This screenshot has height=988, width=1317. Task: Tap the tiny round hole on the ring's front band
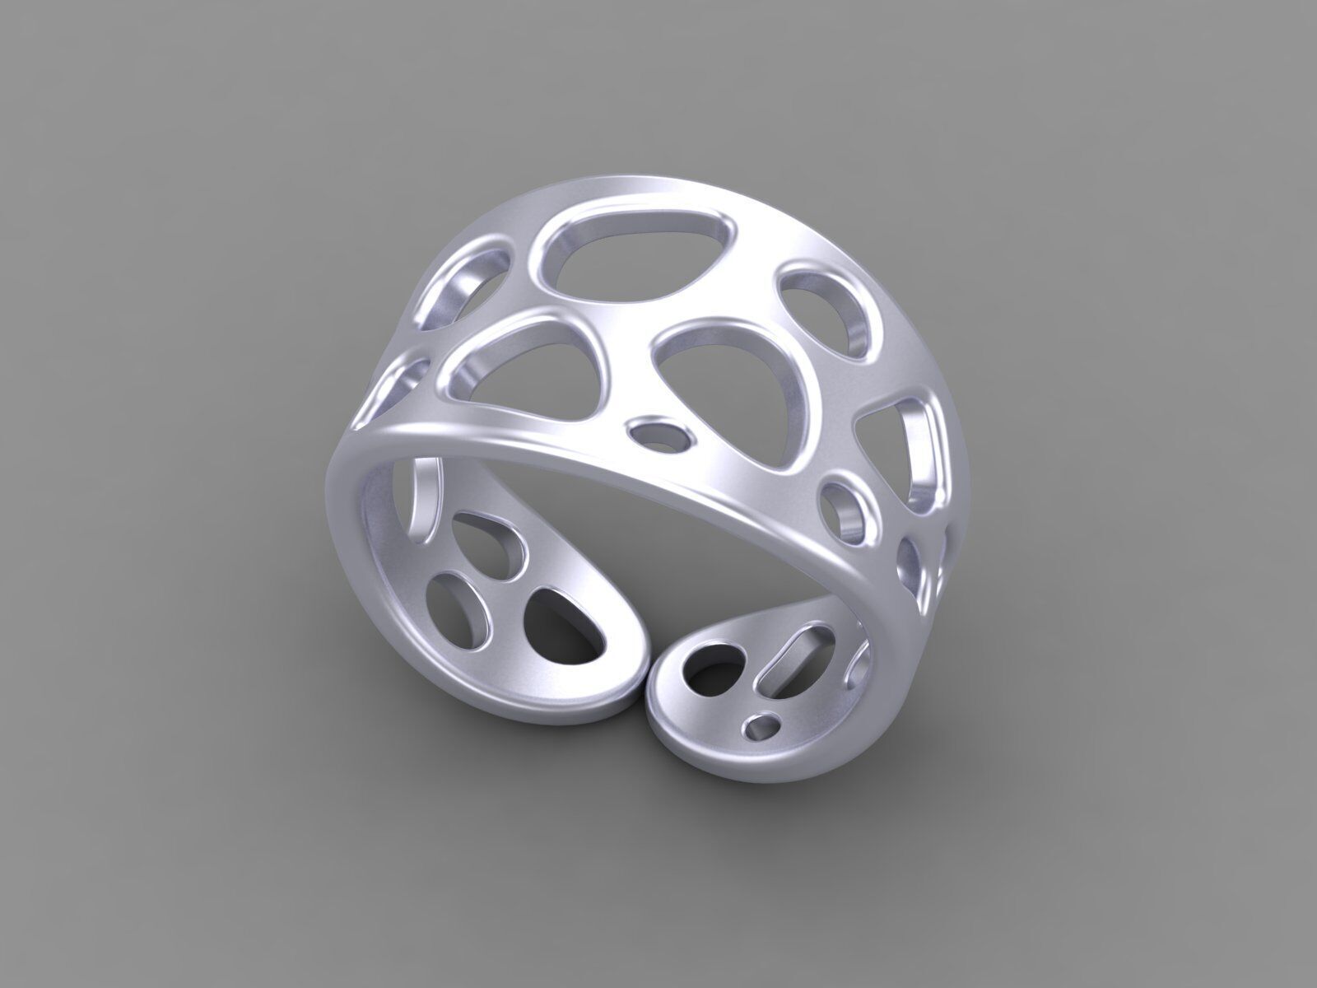coord(658,434)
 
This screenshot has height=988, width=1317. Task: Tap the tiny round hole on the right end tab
coord(762,726)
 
